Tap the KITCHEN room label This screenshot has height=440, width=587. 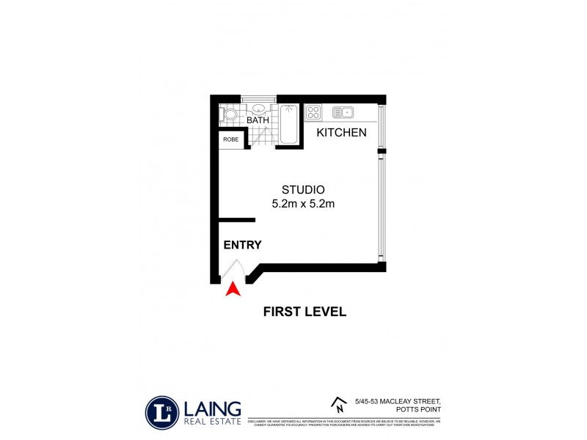point(341,133)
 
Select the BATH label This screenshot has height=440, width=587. point(257,120)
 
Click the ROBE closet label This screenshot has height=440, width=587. point(230,139)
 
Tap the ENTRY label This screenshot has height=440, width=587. point(243,245)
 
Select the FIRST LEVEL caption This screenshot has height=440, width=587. point(305,312)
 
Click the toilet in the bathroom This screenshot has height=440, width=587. point(229,114)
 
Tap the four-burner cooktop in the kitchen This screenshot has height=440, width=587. point(313,113)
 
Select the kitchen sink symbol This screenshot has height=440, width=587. point(343,112)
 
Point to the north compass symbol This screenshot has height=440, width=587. point(339,403)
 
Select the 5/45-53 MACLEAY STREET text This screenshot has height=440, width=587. point(397,400)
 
